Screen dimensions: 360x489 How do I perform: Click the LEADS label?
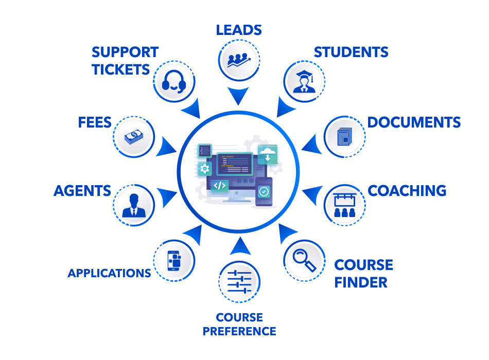pos(238,30)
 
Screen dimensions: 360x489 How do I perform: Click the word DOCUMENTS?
pos(414,122)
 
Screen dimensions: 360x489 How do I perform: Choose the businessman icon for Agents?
pos(134,205)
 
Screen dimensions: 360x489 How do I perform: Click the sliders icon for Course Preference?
pos(239,282)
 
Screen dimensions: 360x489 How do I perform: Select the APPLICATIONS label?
pos(109,273)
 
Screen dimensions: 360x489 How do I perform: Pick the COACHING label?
pos(407,191)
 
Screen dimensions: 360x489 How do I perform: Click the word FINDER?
pos(360,282)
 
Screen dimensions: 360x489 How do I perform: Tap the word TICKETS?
pos(120,69)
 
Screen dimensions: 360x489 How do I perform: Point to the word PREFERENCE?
pos(239,331)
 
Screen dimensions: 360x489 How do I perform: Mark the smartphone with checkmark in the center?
pos(264,192)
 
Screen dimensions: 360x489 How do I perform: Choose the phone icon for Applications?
pos(174,260)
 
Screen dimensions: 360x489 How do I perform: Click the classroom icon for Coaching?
pos(344,205)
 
